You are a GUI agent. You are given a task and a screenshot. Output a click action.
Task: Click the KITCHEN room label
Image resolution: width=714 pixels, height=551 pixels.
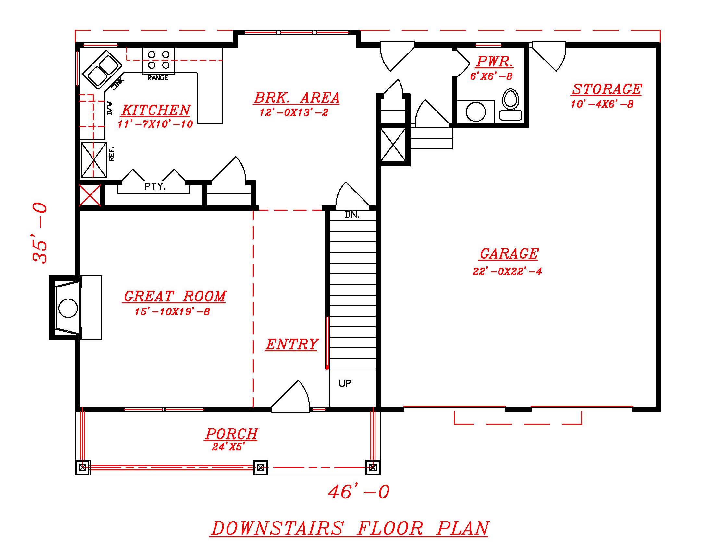[156, 110]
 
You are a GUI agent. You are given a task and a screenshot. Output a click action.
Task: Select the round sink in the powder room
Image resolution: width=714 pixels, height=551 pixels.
[475, 111]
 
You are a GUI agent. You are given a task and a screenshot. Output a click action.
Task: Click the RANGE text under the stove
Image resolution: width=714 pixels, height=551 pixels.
[158, 78]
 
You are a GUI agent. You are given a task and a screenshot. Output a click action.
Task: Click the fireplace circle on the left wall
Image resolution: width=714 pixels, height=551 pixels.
[68, 308]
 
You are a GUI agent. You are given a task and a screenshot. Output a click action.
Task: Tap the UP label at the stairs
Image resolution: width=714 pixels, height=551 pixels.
[345, 383]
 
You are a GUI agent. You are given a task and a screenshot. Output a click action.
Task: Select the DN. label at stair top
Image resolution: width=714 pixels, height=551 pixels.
[352, 215]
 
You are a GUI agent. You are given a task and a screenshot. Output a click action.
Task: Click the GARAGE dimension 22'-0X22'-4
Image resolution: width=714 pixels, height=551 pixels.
[507, 271]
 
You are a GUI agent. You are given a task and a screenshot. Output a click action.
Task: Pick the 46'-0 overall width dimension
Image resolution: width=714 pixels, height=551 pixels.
[359, 492]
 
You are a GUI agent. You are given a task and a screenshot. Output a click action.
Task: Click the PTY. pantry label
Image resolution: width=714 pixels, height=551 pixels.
[154, 187]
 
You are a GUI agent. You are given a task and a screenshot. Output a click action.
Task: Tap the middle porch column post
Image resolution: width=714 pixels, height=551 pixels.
[260, 467]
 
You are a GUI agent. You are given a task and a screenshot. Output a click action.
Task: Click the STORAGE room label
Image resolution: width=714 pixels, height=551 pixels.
[607, 89]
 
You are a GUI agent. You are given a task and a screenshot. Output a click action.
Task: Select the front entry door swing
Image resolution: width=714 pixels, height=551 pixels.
[291, 398]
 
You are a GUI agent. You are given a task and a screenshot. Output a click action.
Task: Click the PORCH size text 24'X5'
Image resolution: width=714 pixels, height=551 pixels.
[228, 447]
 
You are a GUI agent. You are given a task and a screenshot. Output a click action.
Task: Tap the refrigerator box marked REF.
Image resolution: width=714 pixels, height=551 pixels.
[94, 160]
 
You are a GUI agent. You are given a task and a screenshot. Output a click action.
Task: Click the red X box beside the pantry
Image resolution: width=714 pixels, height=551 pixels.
[90, 195]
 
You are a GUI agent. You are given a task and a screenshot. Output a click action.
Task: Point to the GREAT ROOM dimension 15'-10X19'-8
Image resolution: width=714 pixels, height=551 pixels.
[172, 312]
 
